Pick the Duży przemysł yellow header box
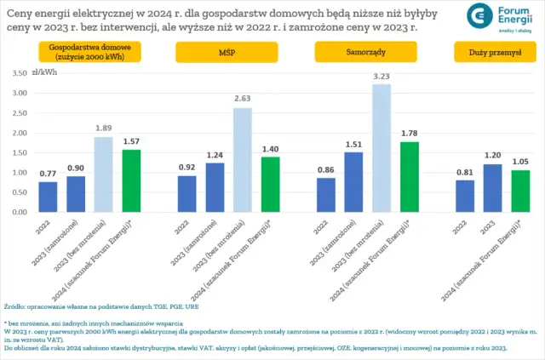click(496, 50)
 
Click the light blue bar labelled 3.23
click(381, 148)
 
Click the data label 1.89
click(103, 129)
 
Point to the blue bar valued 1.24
click(215, 187)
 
